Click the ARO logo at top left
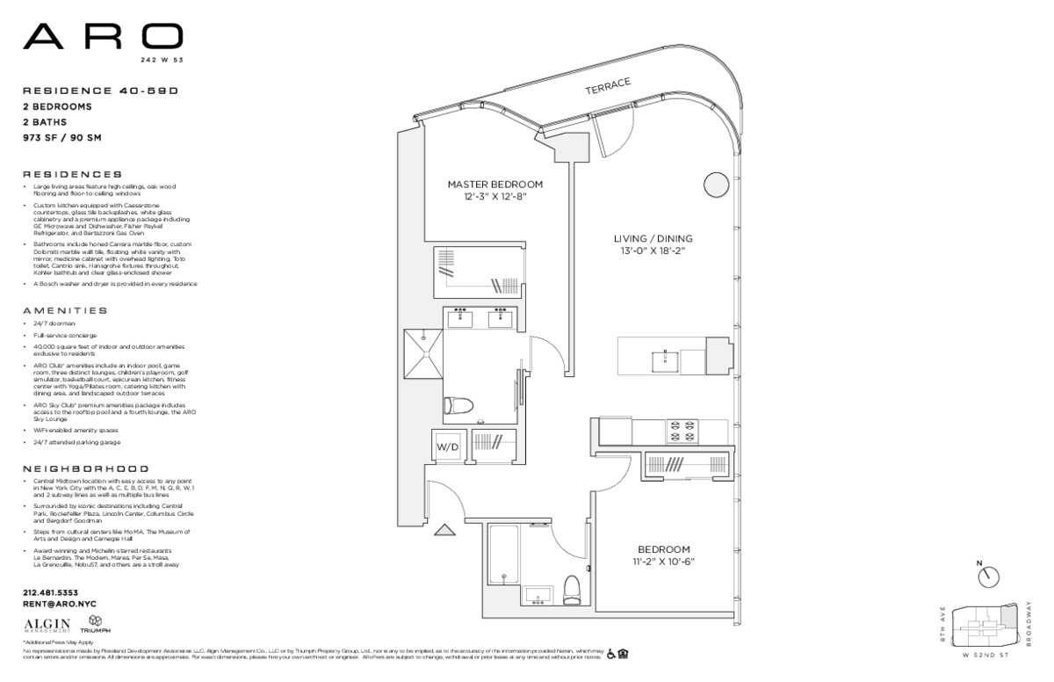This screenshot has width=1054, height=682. pyautogui.click(x=103, y=37)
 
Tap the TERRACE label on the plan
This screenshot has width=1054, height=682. pyautogui.click(x=609, y=86)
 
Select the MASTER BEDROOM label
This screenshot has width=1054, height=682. pyautogui.click(x=495, y=185)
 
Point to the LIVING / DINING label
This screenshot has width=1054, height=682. pyautogui.click(x=653, y=238)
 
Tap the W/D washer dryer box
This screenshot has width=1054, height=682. pyautogui.click(x=447, y=446)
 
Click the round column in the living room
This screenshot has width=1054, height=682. pyautogui.click(x=716, y=185)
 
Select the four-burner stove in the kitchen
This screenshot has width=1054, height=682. pyautogui.click(x=683, y=432)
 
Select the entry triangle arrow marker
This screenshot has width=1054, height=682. pyautogui.click(x=444, y=530)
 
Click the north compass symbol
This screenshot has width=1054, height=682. pyautogui.click(x=988, y=576)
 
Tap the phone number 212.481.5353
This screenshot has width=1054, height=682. pyautogui.click(x=51, y=592)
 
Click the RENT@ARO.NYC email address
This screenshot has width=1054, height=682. pyautogui.click(x=59, y=604)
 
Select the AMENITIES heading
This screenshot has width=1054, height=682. pyautogui.click(x=65, y=310)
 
